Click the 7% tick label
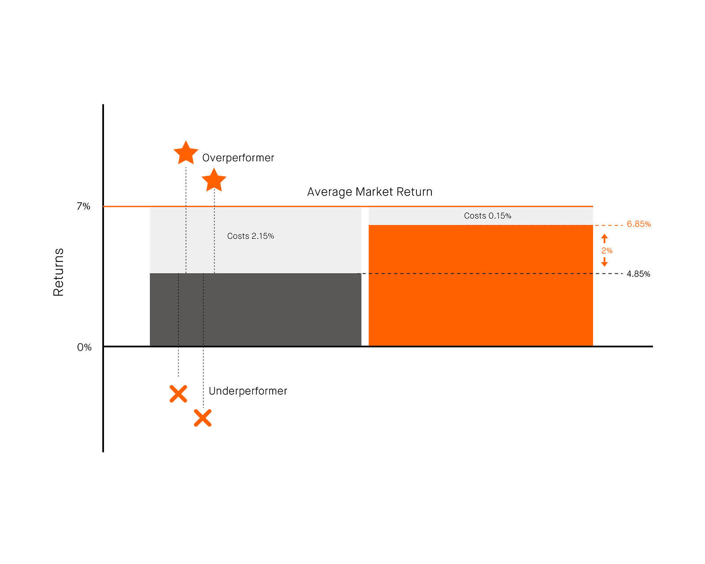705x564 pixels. tap(83, 206)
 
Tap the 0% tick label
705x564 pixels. tap(84, 347)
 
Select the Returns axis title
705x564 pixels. tap(58, 272)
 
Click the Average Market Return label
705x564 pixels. tap(370, 192)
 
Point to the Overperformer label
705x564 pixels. tap(238, 158)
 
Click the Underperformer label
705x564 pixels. tap(248, 391)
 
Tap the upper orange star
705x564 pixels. tap(186, 153)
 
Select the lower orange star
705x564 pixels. tap(214, 180)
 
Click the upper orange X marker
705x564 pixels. tap(178, 393)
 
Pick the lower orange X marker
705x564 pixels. tap(202, 418)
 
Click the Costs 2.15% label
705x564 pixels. tap(250, 236)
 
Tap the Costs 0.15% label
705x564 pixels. tap(487, 215)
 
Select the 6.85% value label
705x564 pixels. tap(638, 224)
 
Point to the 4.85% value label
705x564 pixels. tap(638, 274)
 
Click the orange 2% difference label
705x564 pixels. tap(607, 251)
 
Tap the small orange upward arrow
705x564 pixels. tap(605, 238)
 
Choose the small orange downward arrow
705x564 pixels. tap(605, 262)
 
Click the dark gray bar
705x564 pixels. tap(256, 310)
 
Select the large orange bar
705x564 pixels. tap(481, 286)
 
